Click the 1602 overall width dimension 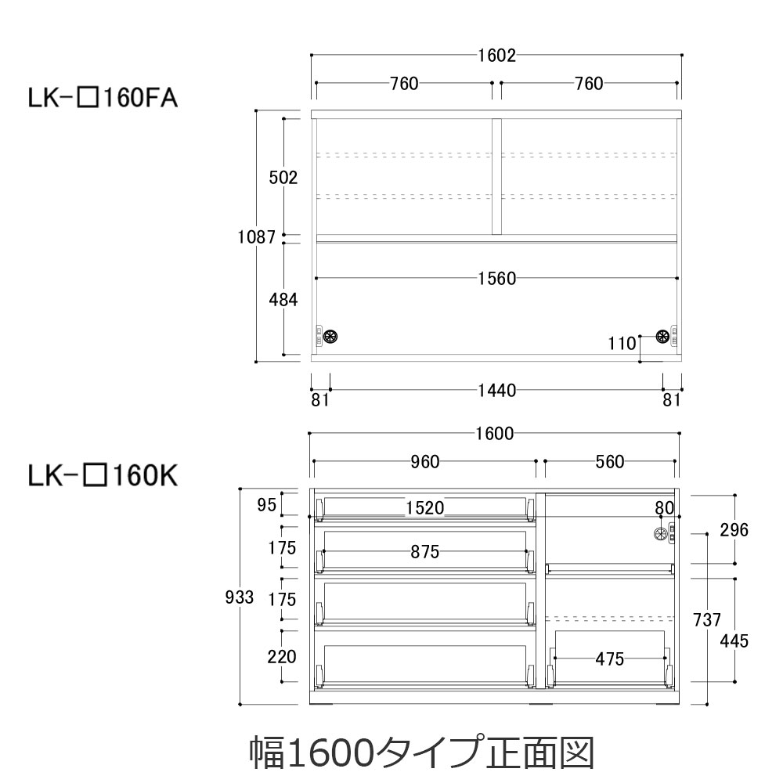tap(497, 56)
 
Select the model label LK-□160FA tap(103, 98)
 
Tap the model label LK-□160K tap(103, 476)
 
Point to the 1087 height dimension tap(257, 236)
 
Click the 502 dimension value tap(283, 177)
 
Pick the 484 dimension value tap(283, 300)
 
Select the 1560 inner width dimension tap(497, 279)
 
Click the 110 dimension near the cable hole tap(622, 344)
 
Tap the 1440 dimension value tap(497, 391)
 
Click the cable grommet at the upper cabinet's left tap(330, 336)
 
